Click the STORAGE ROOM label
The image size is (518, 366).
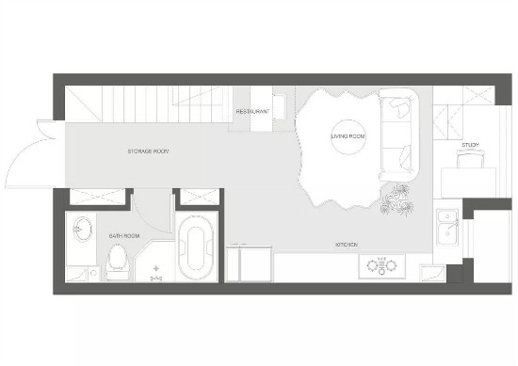pyautogui.click(x=148, y=151)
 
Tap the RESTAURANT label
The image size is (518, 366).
pyautogui.click(x=252, y=112)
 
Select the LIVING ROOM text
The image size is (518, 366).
pyautogui.click(x=348, y=136)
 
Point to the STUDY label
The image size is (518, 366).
pyautogui.click(x=470, y=145)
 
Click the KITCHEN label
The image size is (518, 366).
pyautogui.click(x=347, y=245)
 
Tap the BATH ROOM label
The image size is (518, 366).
pyautogui.click(x=124, y=236)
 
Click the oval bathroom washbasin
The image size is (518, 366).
pyautogui.click(x=82, y=229)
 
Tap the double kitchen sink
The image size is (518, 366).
pyautogui.click(x=447, y=228)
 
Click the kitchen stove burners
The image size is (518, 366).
pyautogui.click(x=381, y=265)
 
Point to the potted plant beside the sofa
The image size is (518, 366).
pyautogui.click(x=397, y=199)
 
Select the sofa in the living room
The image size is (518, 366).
pyautogui.click(x=399, y=135)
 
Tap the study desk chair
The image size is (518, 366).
pyautogui.click(x=470, y=159)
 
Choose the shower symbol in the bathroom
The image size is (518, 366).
pyautogui.click(x=156, y=274)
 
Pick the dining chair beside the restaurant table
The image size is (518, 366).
pyautogui.click(x=280, y=106)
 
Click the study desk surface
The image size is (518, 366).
pyautogui.click(x=469, y=183)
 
